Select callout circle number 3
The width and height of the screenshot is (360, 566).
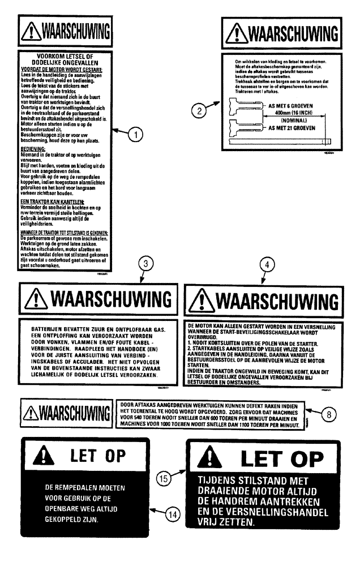(147, 263)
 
